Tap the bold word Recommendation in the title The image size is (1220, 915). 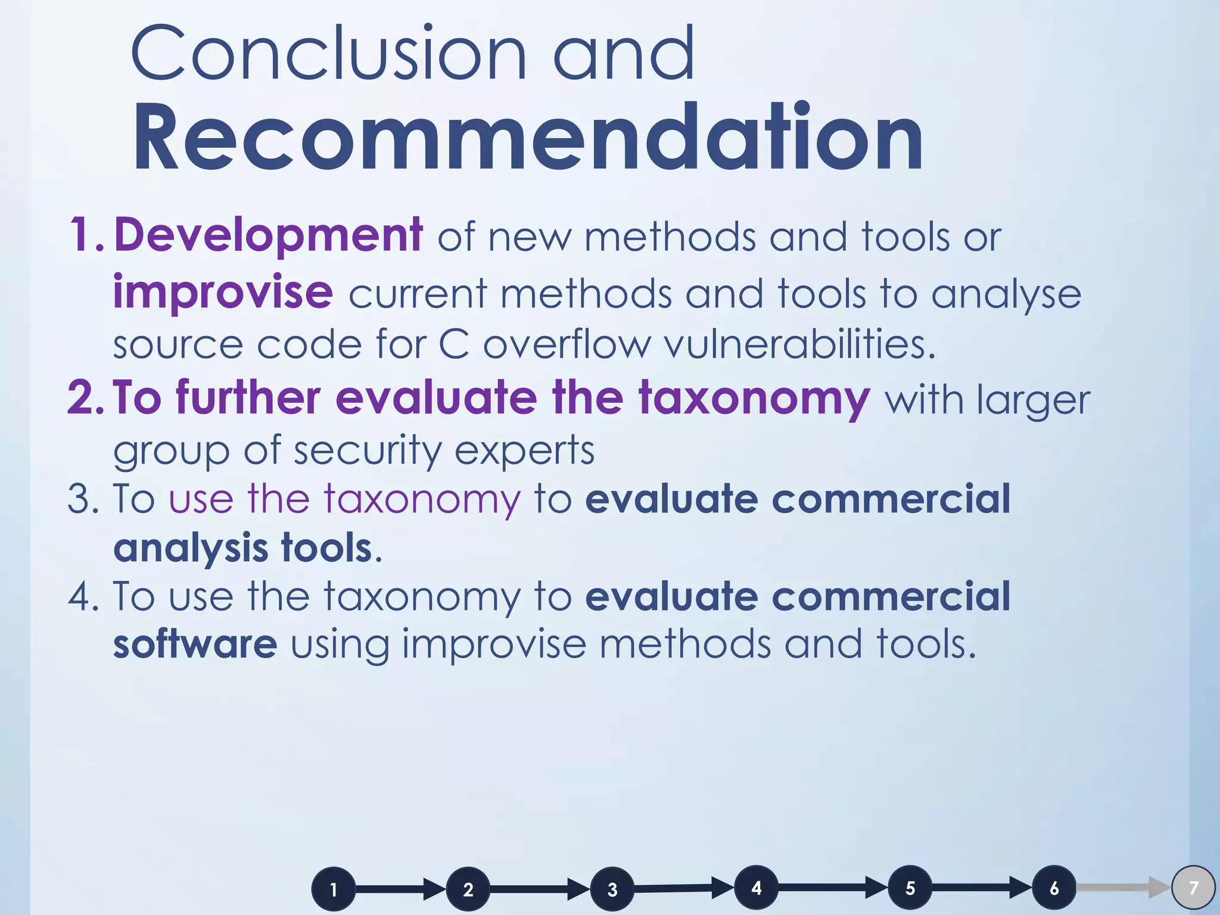click(x=528, y=138)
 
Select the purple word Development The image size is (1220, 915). click(x=268, y=236)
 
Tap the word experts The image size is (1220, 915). click(x=524, y=450)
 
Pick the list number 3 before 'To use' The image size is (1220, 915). click(x=83, y=499)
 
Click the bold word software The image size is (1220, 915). click(x=195, y=645)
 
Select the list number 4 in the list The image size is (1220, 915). click(x=83, y=597)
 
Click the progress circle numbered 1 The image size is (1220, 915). click(x=334, y=889)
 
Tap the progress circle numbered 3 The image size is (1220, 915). click(x=612, y=889)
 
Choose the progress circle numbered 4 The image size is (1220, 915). click(x=757, y=888)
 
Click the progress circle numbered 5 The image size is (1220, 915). click(x=910, y=888)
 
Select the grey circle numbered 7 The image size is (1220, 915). click(x=1193, y=888)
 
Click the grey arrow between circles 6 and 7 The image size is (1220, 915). click(x=1123, y=888)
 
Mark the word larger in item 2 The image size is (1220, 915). click(x=1033, y=400)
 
